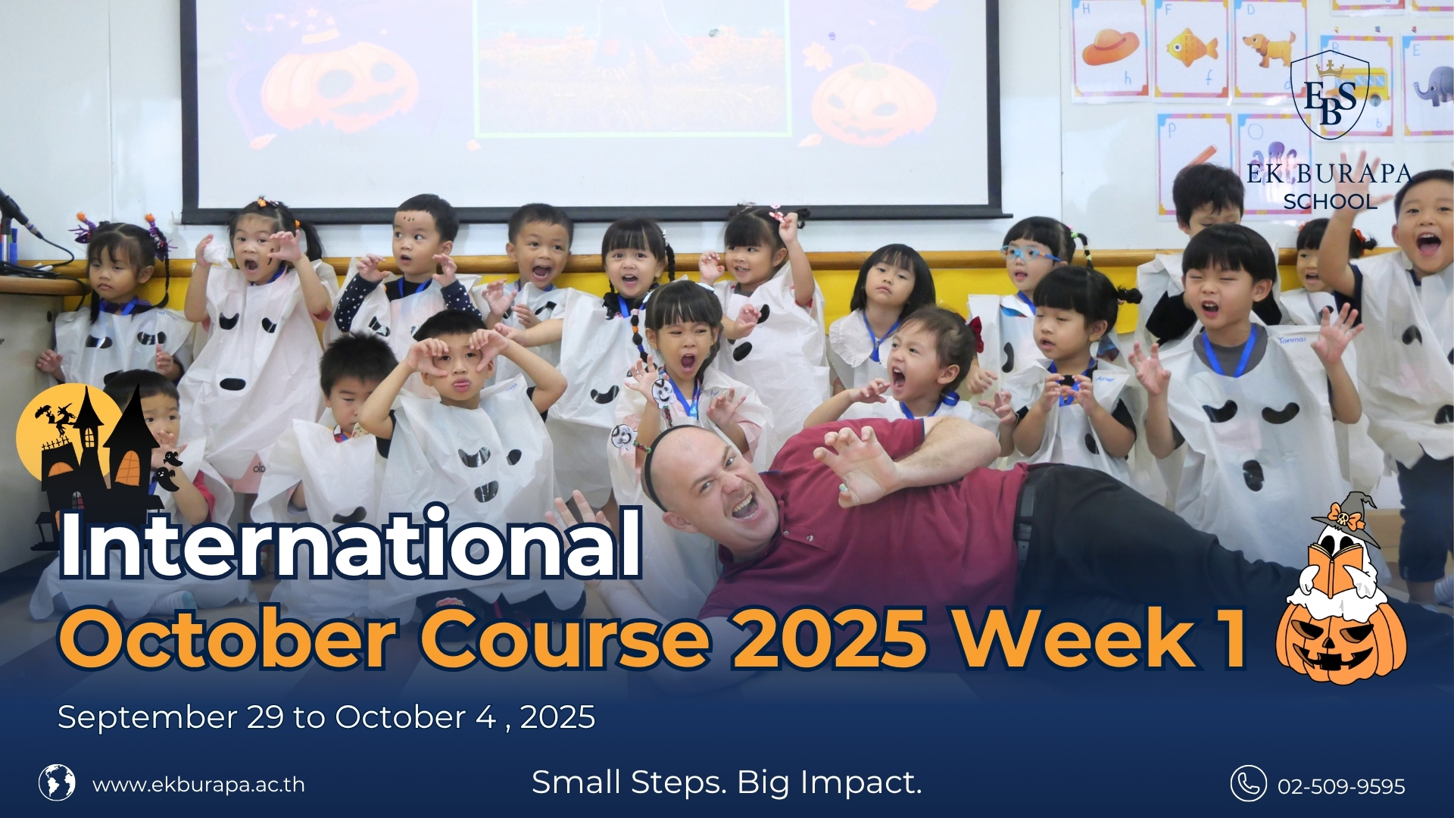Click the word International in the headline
[x=351, y=542]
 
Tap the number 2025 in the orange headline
[x=829, y=638]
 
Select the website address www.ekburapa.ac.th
[x=198, y=785]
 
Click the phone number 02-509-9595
[x=1340, y=786]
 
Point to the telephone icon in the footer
[x=1248, y=783]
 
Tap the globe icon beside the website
[x=57, y=782]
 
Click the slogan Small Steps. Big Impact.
[x=726, y=782]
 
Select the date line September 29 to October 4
[x=326, y=717]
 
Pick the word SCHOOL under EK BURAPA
[x=1330, y=201]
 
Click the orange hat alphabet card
[x=1110, y=47]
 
